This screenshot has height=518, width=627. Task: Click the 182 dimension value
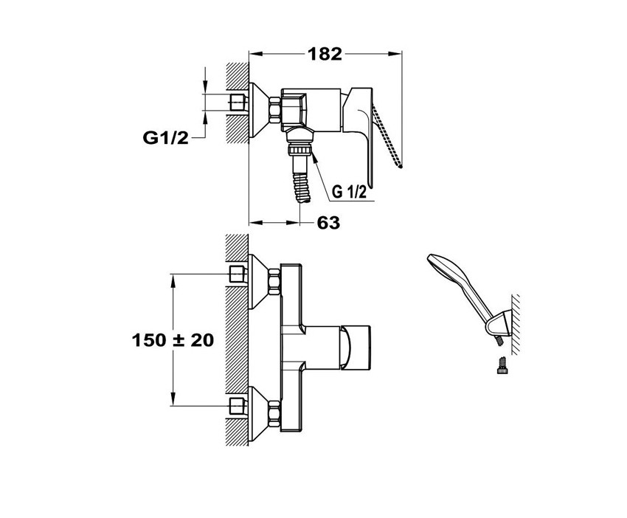click(325, 53)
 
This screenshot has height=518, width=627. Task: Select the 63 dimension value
click(329, 222)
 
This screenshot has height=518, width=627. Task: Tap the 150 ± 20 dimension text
click(173, 340)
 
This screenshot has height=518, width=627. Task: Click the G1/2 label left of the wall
click(165, 137)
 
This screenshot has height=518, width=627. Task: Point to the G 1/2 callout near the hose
click(350, 192)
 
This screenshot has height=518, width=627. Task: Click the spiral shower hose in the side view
click(301, 181)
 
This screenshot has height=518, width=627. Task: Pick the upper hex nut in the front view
click(273, 282)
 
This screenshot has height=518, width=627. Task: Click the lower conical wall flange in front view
click(257, 410)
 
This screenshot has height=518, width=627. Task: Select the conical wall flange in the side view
click(259, 110)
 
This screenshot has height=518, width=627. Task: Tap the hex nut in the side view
click(273, 110)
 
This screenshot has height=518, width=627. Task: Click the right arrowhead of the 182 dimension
click(398, 53)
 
